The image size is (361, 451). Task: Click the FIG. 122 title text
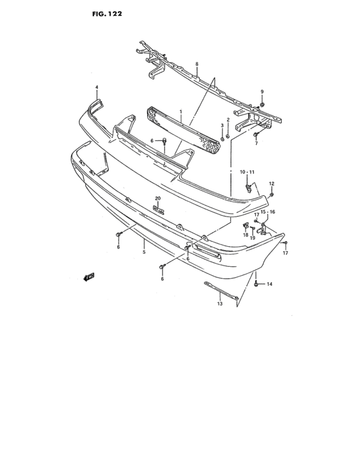coord(107,14)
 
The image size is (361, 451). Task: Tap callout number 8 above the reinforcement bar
coord(197,64)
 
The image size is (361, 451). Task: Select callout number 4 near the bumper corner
coord(97,87)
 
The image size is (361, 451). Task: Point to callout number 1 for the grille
coord(180,111)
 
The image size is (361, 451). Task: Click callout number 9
coord(262,91)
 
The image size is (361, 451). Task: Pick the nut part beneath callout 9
coord(262,104)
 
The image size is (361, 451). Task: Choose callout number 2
coord(228,119)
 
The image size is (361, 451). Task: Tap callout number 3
coord(222,125)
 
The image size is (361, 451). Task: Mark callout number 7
coord(256,143)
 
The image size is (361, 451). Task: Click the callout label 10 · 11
coord(248,172)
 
